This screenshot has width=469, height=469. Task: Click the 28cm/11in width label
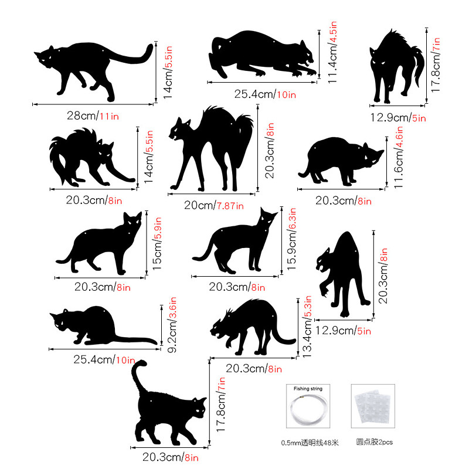coord(93,115)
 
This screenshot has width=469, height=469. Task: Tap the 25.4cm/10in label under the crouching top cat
coord(265,94)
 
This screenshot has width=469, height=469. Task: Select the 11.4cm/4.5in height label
coord(332,52)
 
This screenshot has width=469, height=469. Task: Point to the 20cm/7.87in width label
coord(214,205)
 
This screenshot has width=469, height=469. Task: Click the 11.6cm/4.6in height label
coord(399,157)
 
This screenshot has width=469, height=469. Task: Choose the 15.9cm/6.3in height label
coord(291,239)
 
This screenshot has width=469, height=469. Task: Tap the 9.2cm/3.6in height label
coord(172,325)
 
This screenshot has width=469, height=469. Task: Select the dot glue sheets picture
coord(373,406)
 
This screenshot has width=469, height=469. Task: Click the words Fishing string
coord(308,389)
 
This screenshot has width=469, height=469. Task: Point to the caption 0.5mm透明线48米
coord(310,443)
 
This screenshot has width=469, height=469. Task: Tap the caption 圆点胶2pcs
coord(374,442)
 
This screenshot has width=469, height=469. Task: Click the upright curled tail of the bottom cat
coord(138,376)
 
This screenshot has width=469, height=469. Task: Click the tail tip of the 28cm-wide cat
coord(149,48)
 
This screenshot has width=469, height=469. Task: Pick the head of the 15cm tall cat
coord(132,222)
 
